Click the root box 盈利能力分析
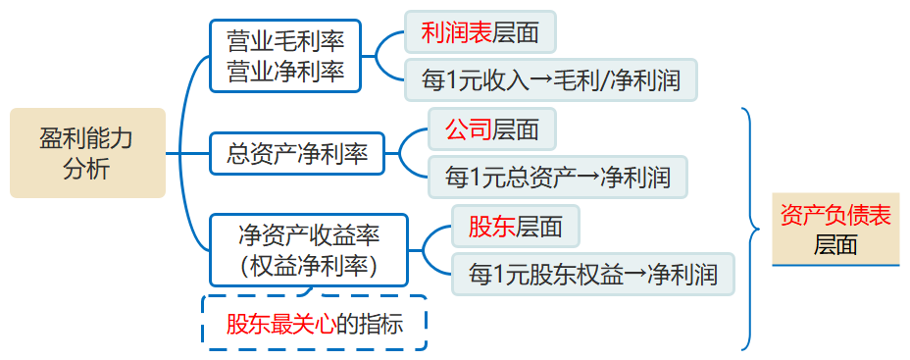(x=86, y=153)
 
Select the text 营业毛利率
(x=285, y=41)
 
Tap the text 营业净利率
(x=285, y=71)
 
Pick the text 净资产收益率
(x=309, y=234)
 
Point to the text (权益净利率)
(x=309, y=264)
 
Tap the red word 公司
(x=468, y=129)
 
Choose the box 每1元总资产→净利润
(x=557, y=177)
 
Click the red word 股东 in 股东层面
(x=491, y=227)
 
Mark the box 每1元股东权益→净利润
(x=592, y=275)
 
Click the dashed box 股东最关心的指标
(x=314, y=323)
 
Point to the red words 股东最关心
(x=280, y=323)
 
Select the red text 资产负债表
(x=835, y=216)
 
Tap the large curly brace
(x=751, y=229)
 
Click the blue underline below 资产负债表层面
(x=835, y=265)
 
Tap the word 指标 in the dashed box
(x=382, y=323)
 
